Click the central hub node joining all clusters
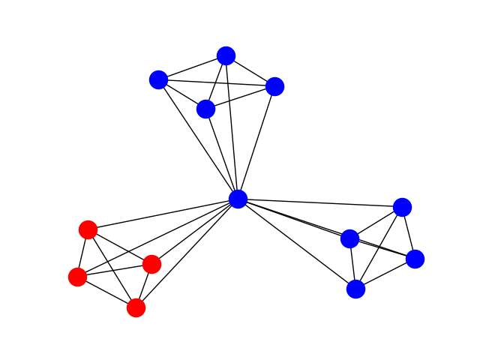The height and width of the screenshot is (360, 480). (238, 199)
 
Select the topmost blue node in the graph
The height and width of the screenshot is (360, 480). (226, 55)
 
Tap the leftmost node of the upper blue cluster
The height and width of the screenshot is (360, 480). (158, 79)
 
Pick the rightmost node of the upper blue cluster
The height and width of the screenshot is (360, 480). (274, 86)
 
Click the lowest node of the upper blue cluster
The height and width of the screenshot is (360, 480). (205, 109)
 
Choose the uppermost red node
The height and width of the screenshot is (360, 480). (88, 229)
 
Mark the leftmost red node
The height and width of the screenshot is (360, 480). (77, 277)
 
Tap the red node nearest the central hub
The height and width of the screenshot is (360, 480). (151, 264)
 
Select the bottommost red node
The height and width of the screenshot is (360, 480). (136, 307)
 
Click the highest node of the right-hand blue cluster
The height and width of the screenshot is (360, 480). (402, 207)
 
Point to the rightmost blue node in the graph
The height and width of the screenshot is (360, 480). (415, 259)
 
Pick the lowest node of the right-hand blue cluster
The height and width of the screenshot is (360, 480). (355, 289)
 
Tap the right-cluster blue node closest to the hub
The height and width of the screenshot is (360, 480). (349, 238)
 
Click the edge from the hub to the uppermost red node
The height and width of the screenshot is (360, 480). (163, 214)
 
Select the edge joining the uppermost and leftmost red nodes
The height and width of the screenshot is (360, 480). (82, 253)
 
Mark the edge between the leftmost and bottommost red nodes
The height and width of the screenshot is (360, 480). (106, 292)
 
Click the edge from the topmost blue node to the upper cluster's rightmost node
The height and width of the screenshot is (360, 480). (250, 71)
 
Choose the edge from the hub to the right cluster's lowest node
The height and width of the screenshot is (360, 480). (297, 244)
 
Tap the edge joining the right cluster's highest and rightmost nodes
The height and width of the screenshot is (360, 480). (409, 233)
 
